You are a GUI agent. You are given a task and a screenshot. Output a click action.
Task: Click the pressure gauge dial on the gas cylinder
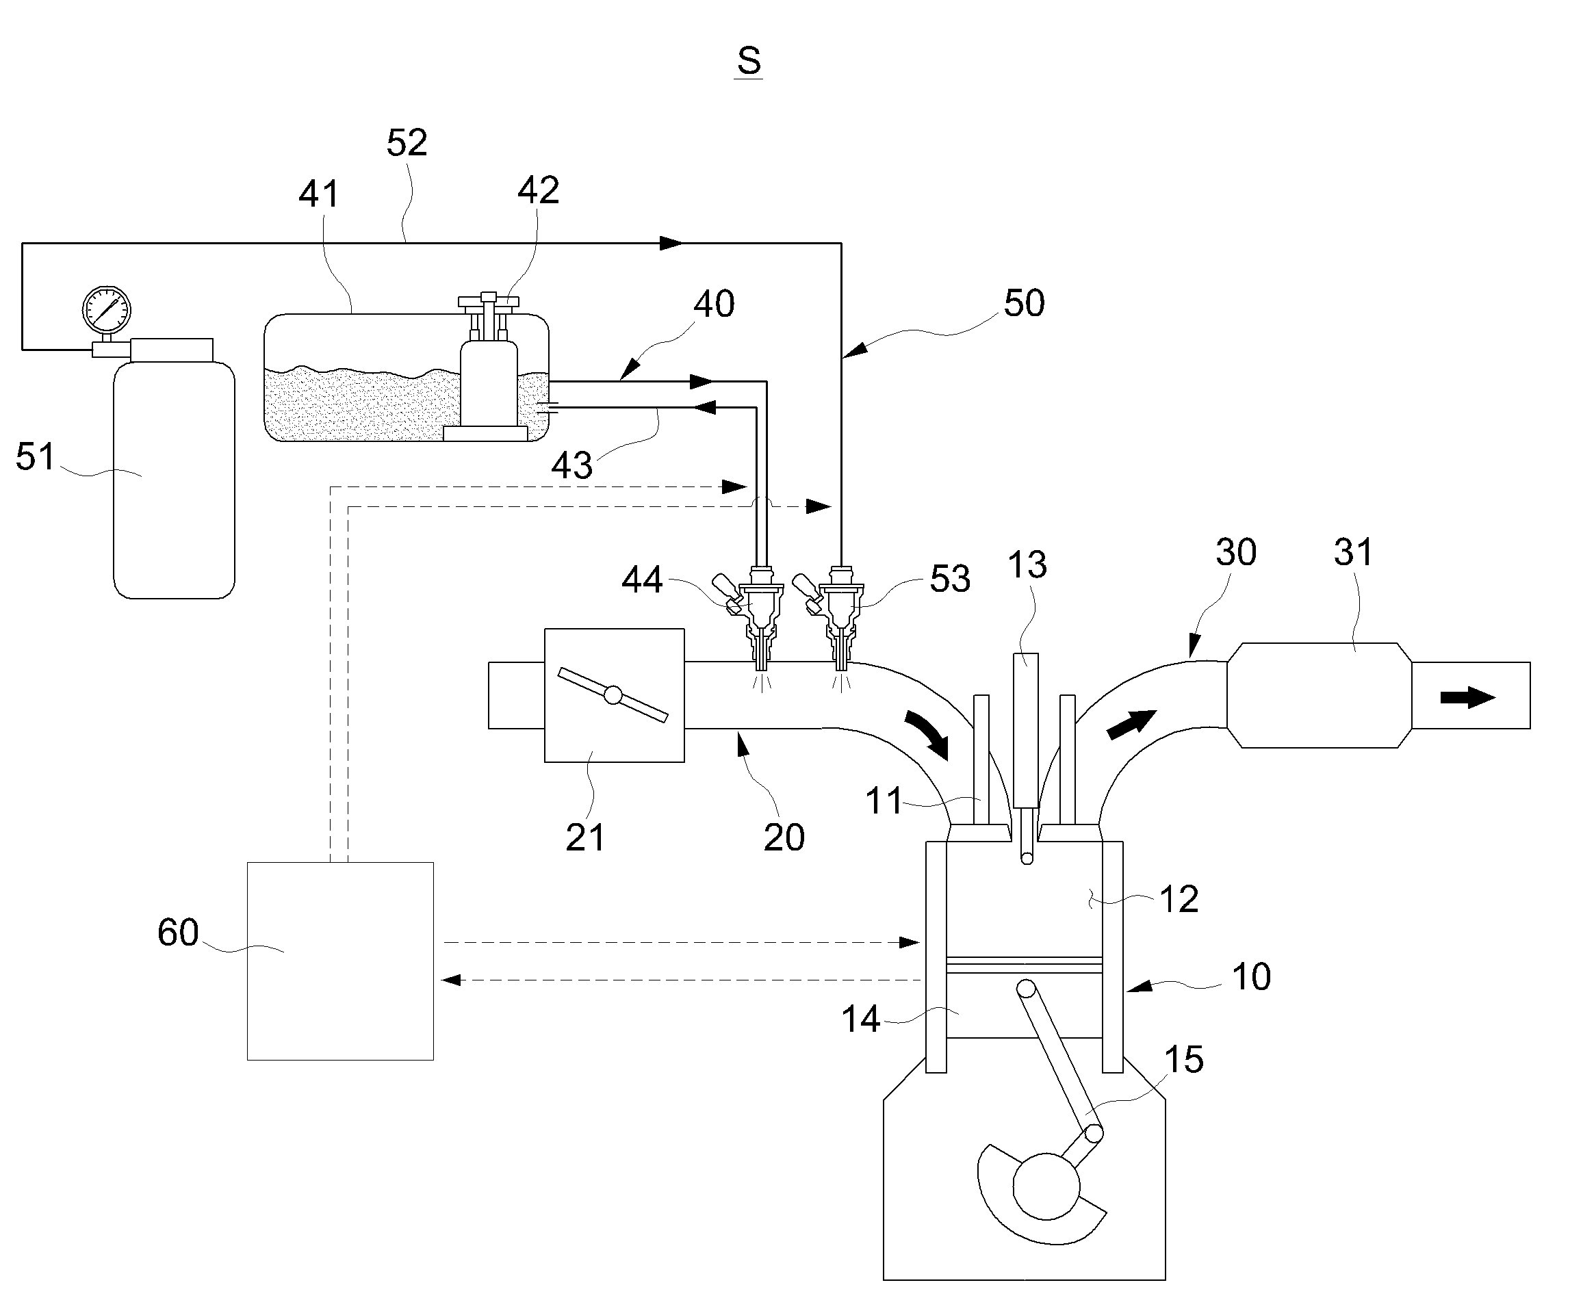[106, 309]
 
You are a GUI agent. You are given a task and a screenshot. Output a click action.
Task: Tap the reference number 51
[35, 457]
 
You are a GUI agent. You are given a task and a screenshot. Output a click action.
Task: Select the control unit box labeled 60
[340, 961]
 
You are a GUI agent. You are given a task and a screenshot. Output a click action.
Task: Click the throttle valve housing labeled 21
[614, 695]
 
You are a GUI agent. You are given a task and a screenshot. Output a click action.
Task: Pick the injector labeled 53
[837, 616]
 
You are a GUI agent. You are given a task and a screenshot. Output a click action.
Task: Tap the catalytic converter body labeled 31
[1320, 694]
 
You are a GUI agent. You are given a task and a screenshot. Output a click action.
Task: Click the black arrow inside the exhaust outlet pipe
[1467, 697]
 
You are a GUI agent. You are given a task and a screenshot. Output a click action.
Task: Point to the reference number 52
[407, 142]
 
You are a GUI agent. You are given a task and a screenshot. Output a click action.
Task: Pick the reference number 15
[1183, 1059]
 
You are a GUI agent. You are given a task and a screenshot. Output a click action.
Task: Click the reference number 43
[571, 466]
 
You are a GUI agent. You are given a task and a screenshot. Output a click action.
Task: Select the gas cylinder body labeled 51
[173, 478]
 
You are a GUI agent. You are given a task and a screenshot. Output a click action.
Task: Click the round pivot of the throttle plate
[613, 694]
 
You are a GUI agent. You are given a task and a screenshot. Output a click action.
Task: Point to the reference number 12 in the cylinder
[1179, 898]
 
